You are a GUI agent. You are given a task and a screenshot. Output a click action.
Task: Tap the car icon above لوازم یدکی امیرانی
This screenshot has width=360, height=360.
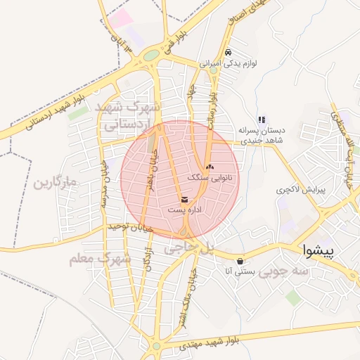pos(227,53)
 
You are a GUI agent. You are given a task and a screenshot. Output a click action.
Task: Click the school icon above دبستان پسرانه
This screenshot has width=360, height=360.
pos(262,120)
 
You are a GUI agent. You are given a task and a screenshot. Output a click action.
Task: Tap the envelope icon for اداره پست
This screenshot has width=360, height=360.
pos(185,200)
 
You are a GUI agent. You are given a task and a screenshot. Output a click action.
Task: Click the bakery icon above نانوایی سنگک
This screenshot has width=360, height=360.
pos(210,167)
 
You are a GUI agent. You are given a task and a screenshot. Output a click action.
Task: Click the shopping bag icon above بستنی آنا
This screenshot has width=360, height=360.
pos(240,259)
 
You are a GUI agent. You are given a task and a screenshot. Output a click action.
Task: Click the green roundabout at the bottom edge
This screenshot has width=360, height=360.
pos(155,346)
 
